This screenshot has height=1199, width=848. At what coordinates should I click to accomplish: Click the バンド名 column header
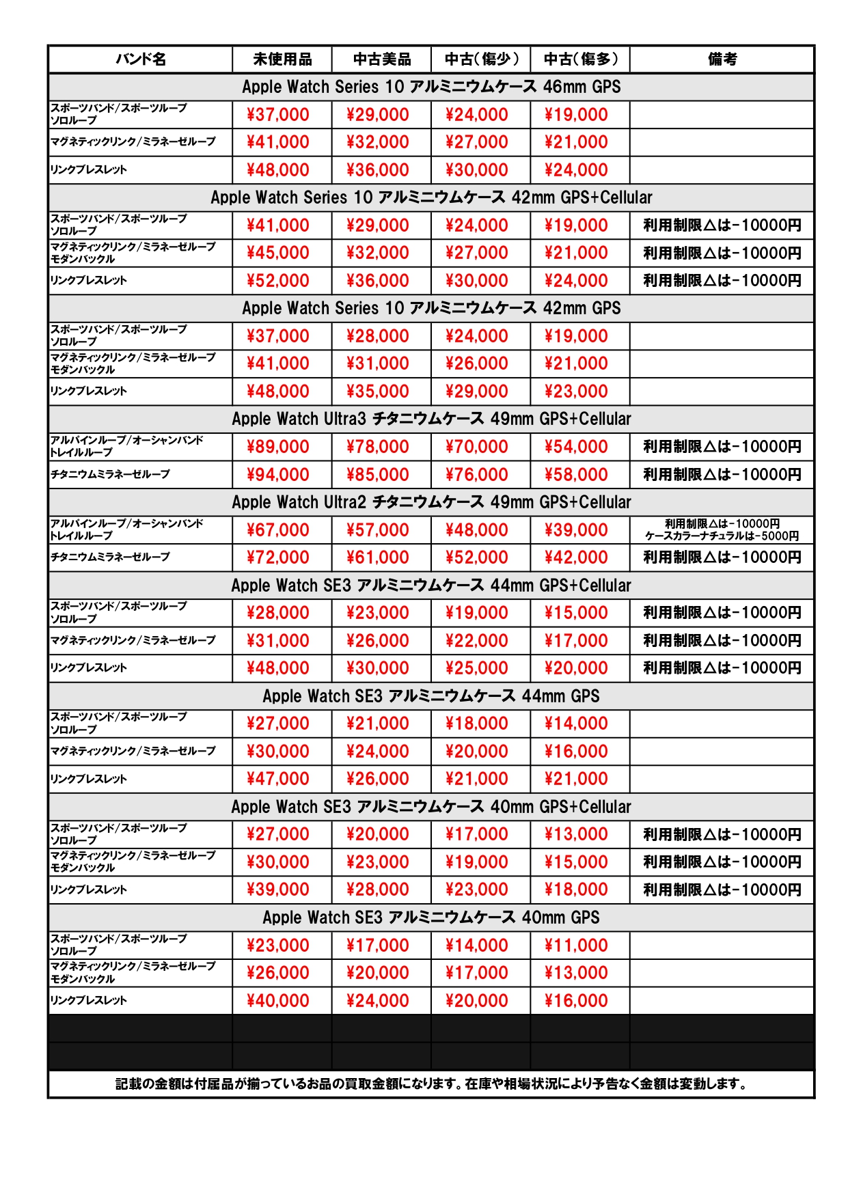(x=140, y=59)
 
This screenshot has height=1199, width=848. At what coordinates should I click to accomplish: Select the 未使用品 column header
(x=282, y=59)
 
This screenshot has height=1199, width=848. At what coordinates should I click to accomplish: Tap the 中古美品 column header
(x=381, y=59)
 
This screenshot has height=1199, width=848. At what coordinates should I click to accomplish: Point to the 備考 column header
(x=722, y=59)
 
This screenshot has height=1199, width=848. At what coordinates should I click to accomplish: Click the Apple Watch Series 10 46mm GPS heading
(x=431, y=87)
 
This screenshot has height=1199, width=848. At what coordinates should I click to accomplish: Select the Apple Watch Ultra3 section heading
(x=431, y=419)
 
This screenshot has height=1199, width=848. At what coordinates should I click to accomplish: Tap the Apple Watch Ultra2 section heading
(x=431, y=502)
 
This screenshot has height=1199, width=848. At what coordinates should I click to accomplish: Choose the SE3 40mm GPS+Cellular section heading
(x=431, y=807)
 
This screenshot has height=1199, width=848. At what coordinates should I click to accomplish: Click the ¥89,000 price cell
(x=278, y=447)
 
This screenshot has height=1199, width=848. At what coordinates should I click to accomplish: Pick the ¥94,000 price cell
(x=278, y=475)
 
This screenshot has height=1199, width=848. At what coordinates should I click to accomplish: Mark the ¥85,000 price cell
(x=377, y=475)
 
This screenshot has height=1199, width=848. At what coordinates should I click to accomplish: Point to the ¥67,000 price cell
(x=278, y=530)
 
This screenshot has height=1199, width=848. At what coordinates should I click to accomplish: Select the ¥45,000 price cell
(x=278, y=253)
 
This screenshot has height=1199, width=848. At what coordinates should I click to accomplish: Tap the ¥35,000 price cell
(x=377, y=391)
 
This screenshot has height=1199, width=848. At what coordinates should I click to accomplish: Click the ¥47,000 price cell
(x=278, y=779)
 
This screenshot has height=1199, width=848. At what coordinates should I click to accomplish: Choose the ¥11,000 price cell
(x=576, y=946)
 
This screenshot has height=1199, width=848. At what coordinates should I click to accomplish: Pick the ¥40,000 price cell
(x=278, y=1001)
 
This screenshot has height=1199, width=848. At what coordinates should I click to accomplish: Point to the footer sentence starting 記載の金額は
(x=431, y=1084)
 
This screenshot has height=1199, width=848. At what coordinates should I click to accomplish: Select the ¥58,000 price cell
(x=576, y=475)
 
